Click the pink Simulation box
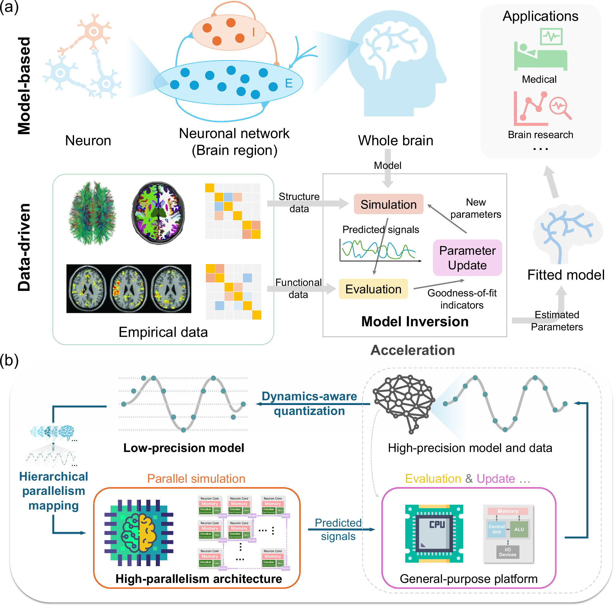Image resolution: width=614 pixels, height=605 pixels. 388,204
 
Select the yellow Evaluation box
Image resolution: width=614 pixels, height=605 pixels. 373,289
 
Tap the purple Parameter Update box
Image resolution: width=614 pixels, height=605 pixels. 467,258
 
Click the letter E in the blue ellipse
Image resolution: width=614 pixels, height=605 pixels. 289,83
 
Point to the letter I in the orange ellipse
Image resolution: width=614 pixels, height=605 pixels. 253,32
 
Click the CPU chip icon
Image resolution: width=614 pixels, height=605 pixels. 434,533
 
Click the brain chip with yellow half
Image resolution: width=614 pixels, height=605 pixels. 139,533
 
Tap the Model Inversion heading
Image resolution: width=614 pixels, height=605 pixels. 415,322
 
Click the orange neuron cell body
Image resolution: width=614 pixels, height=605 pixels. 93,31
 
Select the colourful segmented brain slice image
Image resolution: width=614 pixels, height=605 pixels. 158,213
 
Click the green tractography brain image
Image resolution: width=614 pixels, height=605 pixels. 92,213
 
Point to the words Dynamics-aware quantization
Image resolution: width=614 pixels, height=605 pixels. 309,403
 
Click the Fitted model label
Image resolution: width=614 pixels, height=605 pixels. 566,275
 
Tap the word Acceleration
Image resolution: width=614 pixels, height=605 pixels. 412,350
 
